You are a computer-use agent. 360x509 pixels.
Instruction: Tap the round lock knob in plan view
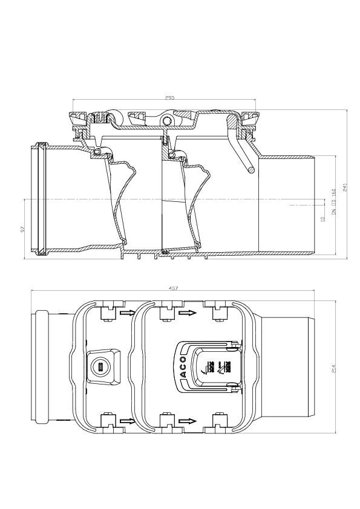point(100,366)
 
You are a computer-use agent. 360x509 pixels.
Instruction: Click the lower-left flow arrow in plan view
point(127,420)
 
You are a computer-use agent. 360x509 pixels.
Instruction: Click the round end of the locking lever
point(249,170)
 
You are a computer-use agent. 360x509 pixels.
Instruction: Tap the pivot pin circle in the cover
point(166,123)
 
